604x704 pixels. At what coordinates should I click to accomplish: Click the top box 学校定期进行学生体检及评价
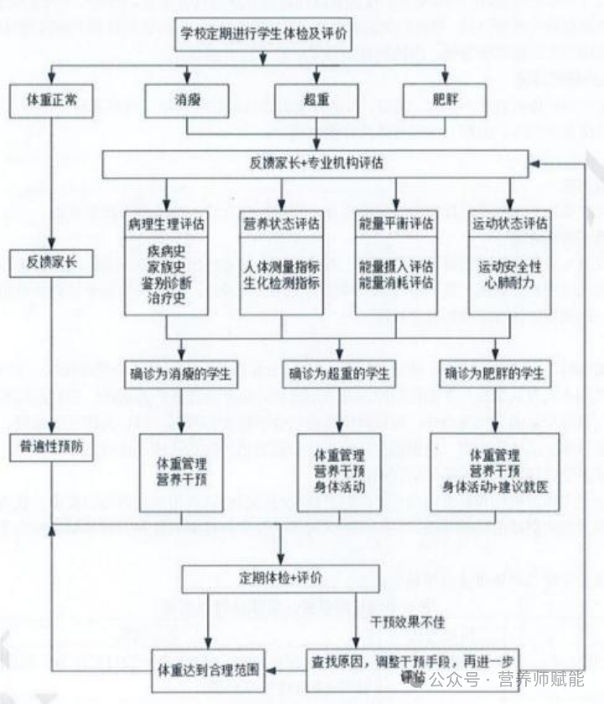261,38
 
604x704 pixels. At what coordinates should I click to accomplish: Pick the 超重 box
317,101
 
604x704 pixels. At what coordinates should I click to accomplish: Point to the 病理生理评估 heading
166,224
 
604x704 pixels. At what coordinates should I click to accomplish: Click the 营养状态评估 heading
281,224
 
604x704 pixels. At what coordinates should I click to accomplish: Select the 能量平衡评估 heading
395,224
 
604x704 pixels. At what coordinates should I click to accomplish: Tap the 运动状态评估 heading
509,224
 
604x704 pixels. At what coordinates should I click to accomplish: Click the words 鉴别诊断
166,282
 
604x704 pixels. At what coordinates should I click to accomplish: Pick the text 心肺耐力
509,282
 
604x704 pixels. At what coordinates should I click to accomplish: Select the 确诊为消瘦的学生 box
180,373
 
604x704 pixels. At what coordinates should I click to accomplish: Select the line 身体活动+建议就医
495,486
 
